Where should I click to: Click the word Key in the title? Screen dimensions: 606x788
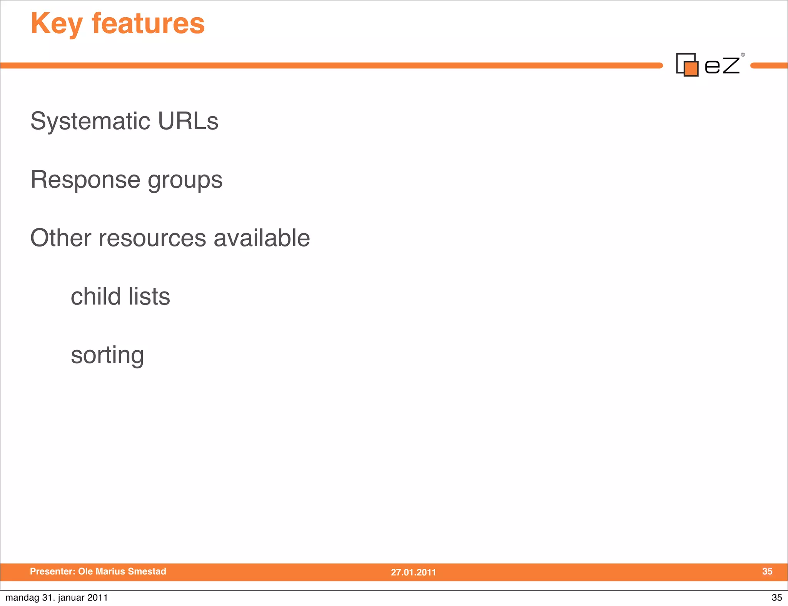click(x=56, y=24)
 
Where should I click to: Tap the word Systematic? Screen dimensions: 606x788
click(x=90, y=121)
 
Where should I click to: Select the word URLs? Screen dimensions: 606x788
click(x=188, y=121)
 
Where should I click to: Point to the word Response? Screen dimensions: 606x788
click(x=85, y=180)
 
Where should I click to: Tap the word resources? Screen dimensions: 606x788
click(x=152, y=238)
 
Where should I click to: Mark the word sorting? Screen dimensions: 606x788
click(x=107, y=355)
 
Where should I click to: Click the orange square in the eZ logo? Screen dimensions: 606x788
click(x=691, y=69)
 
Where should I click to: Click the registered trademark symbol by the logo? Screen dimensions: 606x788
click(x=743, y=55)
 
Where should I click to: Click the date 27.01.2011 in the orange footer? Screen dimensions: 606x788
click(x=413, y=572)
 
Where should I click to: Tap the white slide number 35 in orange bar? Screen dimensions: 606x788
click(x=767, y=571)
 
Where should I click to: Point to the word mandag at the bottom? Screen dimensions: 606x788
click(x=22, y=598)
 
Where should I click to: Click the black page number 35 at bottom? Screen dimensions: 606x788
click(x=776, y=598)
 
